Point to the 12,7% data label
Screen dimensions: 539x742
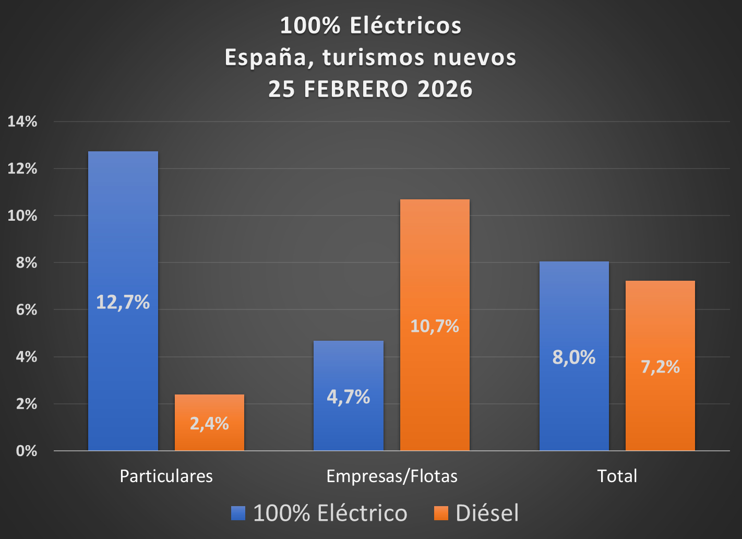[x=123, y=302]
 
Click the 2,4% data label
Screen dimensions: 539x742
[x=209, y=423]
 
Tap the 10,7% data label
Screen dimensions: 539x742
[x=435, y=326]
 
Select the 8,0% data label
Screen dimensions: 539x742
[x=574, y=357]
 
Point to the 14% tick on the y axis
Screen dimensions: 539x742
[x=22, y=122]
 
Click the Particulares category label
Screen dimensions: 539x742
[x=166, y=476]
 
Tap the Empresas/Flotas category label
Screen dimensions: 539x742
[x=392, y=476]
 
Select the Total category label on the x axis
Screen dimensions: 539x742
[x=617, y=476]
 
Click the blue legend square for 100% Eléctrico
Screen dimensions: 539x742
[x=238, y=513]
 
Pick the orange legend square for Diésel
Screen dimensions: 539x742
[x=441, y=513]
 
